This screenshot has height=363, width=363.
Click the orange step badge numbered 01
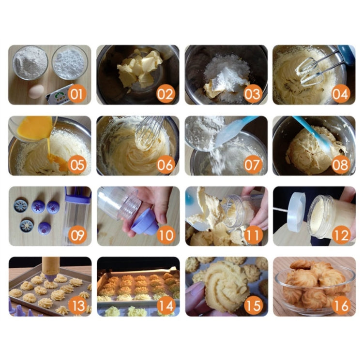point(76,94)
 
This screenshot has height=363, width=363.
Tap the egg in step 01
point(36,91)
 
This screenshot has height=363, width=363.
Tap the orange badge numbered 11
point(252,235)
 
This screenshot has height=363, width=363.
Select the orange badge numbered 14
point(164,305)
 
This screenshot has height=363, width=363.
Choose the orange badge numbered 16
point(340,305)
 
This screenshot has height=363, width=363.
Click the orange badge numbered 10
point(164,235)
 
